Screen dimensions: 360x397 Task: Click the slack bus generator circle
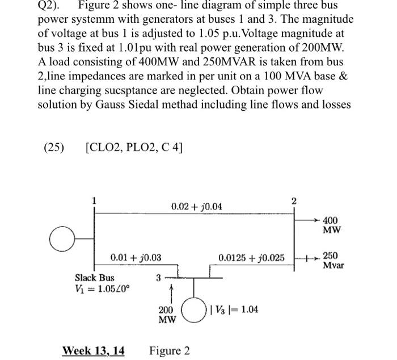(61, 239)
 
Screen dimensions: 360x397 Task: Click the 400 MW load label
(332, 225)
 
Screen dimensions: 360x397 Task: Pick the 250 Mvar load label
(333, 261)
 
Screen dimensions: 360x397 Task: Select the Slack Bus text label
(95, 278)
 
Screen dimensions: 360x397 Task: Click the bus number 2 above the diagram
(294, 200)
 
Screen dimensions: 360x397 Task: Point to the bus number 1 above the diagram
(94, 200)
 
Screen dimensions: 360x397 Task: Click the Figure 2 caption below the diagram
(170, 350)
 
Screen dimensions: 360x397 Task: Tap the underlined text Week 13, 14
(93, 350)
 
